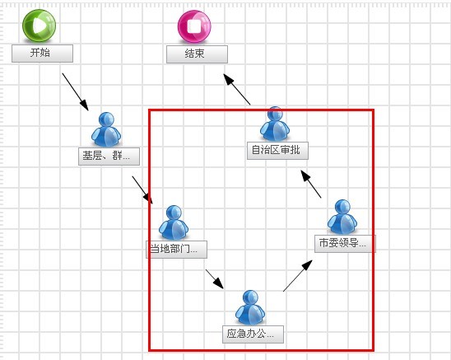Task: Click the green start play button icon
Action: pos(40,26)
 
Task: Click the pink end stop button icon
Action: pos(194,27)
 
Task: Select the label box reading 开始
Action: pos(42,54)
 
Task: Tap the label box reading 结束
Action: pos(197,54)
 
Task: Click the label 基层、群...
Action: pos(109,157)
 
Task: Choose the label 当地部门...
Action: pos(177,250)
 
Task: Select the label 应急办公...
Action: pos(253,334)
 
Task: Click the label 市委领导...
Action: pos(345,244)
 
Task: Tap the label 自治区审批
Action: pos(277,151)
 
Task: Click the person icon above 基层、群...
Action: pos(106,129)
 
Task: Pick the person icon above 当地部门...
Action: pos(174,222)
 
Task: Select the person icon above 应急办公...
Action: pos(250,307)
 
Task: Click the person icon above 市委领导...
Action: pos(342,217)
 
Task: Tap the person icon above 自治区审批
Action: pos(275,124)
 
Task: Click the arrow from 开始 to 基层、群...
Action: pos(76,92)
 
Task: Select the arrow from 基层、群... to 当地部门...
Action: pos(142,190)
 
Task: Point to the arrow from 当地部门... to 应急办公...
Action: pos(215,279)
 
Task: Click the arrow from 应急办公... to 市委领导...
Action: pos(298,276)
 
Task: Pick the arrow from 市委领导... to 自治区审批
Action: pos(311,184)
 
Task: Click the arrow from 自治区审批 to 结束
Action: pos(237,89)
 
